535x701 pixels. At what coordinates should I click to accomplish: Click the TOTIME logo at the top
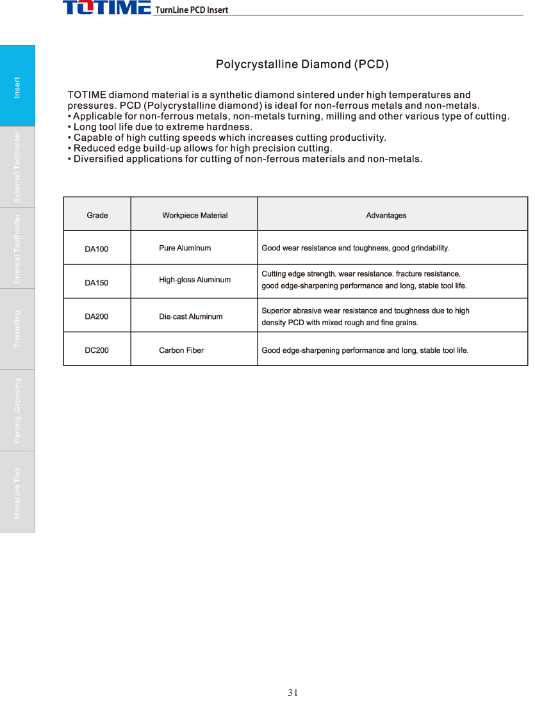(x=106, y=8)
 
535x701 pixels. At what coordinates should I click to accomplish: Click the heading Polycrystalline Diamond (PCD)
(x=302, y=64)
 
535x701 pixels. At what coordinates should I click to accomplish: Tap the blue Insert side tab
(x=17, y=86)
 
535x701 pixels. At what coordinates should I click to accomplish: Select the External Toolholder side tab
(x=17, y=166)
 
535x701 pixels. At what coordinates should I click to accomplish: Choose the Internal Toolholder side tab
(x=17, y=248)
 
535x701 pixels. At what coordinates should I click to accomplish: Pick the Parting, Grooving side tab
(x=17, y=410)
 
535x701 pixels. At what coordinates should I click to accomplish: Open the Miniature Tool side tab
(x=17, y=492)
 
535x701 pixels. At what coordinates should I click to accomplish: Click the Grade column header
(x=97, y=215)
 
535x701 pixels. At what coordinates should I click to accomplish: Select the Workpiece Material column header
(x=195, y=215)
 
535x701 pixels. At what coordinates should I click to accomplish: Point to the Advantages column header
(x=386, y=215)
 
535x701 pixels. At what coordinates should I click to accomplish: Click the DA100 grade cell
(x=97, y=249)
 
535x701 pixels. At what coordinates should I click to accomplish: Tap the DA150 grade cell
(x=97, y=282)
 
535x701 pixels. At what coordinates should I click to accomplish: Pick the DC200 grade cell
(x=97, y=350)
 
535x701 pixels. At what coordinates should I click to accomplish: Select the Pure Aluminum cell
(x=185, y=248)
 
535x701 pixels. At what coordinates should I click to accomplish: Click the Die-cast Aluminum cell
(x=191, y=316)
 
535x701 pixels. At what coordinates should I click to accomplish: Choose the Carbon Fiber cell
(x=181, y=350)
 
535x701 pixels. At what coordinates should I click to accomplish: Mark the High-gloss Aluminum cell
(x=195, y=280)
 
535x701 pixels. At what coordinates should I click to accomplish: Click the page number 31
(x=293, y=692)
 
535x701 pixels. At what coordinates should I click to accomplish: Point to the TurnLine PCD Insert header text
(x=192, y=10)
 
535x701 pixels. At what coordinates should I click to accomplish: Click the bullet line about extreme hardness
(x=160, y=127)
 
